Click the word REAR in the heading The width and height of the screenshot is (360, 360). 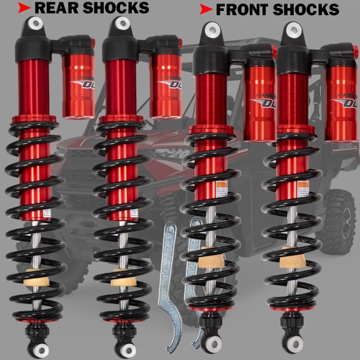coord(55,8)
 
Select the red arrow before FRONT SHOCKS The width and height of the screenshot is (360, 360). coord(205,10)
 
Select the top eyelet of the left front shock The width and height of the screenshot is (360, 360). coord(210,31)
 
